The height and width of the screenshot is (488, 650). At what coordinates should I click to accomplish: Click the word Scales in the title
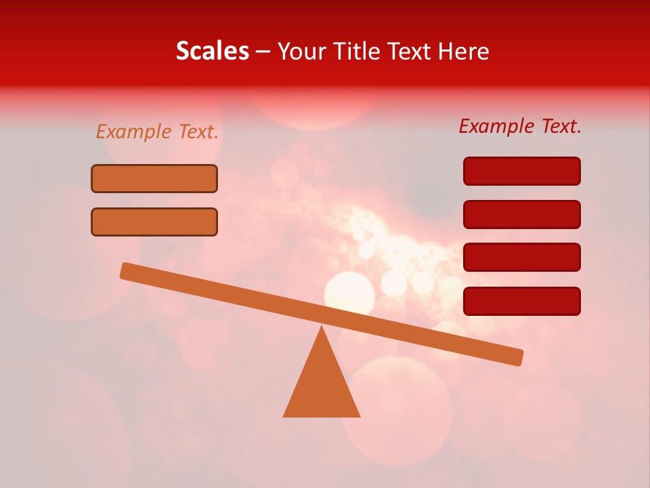212,51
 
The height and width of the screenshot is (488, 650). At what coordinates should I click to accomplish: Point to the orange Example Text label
157,131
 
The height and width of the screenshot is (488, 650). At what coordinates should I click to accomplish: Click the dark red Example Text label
520,126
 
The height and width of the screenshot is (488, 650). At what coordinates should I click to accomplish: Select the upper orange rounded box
154,178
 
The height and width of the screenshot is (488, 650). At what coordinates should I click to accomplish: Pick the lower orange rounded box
154,222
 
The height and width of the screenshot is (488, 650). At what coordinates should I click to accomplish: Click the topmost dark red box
521,171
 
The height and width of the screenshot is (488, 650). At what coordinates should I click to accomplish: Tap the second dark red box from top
521,214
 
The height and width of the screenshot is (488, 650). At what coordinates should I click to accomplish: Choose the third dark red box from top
521,257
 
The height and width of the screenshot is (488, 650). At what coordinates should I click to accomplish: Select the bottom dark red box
521,301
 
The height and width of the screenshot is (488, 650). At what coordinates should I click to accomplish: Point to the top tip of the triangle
322,327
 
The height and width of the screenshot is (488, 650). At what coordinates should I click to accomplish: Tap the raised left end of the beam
125,270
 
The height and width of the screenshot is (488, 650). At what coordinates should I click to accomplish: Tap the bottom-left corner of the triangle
284,416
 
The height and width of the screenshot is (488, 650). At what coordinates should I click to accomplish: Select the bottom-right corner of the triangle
359,416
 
